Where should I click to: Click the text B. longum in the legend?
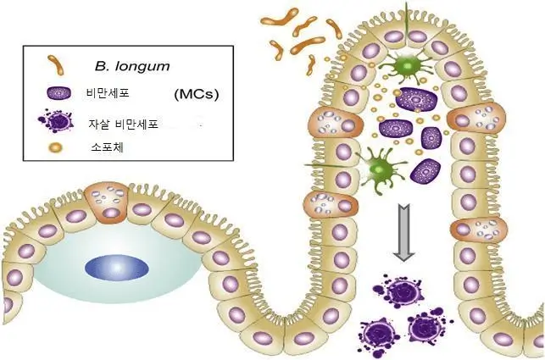click(132, 66)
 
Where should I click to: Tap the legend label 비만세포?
click(108, 93)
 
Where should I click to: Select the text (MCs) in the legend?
click(197, 94)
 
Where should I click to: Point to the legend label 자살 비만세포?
click(124, 124)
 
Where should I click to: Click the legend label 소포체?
click(107, 147)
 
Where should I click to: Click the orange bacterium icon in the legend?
click(56, 65)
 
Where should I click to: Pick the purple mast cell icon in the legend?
click(58, 93)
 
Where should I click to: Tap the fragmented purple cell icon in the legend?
click(56, 120)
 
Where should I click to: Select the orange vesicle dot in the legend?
click(56, 148)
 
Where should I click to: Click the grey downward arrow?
click(403, 232)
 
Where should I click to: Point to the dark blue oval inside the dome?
click(117, 268)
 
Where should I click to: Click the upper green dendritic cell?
click(407, 65)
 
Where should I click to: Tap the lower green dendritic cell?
click(380, 169)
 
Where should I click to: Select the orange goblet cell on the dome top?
click(107, 202)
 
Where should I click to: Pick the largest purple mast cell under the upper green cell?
click(415, 99)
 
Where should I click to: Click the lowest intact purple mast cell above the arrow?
click(425, 170)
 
